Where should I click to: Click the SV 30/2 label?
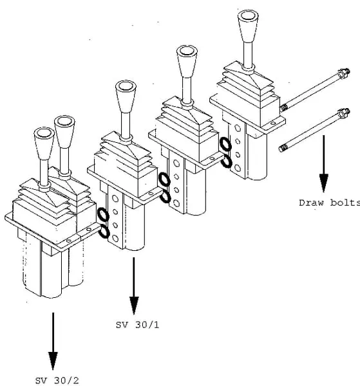[57, 381]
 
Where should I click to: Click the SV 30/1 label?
[137, 325]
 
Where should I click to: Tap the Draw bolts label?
[330, 203]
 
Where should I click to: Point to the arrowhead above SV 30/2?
[53, 361]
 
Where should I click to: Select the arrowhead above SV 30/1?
[134, 306]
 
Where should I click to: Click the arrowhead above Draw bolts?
[324, 183]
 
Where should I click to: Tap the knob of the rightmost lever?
[248, 26]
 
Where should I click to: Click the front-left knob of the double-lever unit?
[44, 143]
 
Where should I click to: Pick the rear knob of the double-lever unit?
[64, 132]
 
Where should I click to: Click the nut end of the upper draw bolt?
[343, 73]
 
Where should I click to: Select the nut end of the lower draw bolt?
[344, 113]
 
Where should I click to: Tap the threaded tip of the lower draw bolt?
[283, 148]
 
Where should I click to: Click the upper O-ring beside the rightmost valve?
[225, 144]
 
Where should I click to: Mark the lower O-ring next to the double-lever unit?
[104, 232]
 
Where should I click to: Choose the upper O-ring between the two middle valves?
[164, 179]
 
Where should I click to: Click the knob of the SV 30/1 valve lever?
[126, 96]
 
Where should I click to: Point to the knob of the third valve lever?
[187, 61]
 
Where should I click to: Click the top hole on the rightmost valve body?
[238, 128]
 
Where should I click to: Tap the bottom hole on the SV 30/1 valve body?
[115, 238]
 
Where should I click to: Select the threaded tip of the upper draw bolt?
[284, 107]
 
